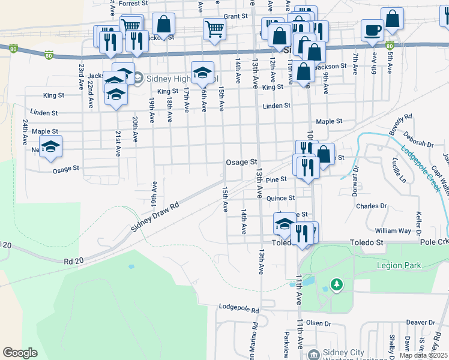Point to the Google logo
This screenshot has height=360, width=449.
click(20, 353)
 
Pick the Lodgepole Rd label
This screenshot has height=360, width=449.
click(238, 310)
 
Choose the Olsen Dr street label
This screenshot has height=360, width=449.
click(319, 323)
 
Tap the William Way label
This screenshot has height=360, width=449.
click(393, 230)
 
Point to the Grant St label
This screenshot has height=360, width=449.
click(235, 17)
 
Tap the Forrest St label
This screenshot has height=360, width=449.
click(133, 4)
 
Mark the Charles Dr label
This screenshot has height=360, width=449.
click(371, 206)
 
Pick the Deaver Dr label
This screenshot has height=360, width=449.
click(420, 322)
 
